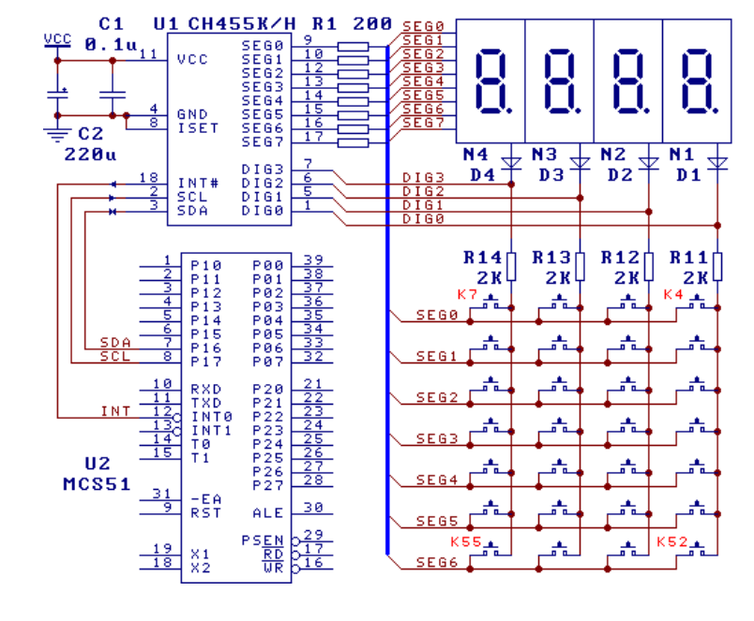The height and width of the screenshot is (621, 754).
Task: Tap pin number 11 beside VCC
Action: point(147,55)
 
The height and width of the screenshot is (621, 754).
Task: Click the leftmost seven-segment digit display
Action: point(491,81)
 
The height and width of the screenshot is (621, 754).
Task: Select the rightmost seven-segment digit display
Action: point(697,81)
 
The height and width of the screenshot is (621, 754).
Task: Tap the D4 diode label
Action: point(481,175)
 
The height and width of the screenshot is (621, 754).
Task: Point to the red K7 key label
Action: point(466,295)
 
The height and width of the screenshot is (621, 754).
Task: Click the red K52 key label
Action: point(671,542)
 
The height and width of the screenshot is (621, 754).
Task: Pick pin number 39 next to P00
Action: point(313,259)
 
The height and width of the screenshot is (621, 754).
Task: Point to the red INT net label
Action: point(115,411)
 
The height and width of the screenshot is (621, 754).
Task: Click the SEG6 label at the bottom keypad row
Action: point(436,564)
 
